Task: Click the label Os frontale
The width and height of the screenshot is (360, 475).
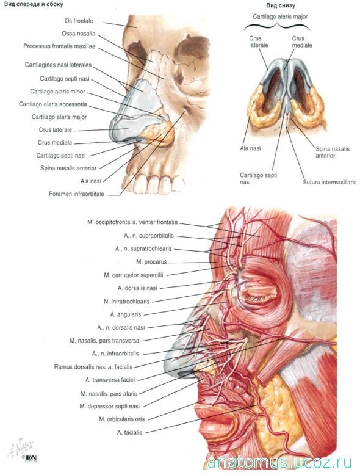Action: [79, 21]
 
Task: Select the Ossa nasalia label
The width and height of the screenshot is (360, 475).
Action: [79, 34]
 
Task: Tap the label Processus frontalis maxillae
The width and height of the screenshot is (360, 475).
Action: [59, 46]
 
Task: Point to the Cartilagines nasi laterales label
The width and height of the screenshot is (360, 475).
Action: [58, 65]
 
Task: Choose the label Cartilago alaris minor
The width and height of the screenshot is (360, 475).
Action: [57, 92]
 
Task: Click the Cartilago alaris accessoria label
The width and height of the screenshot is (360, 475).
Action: [53, 104]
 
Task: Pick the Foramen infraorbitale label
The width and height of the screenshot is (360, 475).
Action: [77, 194]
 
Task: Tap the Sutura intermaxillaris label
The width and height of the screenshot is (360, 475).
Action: [329, 183]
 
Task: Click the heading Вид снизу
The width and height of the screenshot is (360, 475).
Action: [281, 5]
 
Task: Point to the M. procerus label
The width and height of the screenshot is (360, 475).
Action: [151, 262]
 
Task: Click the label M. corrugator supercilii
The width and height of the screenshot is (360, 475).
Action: [134, 275]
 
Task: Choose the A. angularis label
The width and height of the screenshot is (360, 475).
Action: [126, 315]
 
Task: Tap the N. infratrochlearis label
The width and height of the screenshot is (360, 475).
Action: [126, 302]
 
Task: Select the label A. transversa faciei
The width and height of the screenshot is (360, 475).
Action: [110, 380]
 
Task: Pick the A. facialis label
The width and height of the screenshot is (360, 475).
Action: [129, 433]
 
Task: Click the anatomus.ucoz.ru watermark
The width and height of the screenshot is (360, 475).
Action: [279, 463]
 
